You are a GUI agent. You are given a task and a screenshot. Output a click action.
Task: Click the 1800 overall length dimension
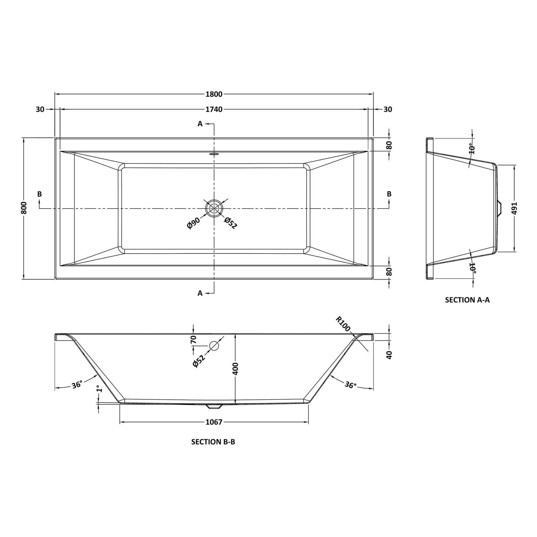pos(214,94)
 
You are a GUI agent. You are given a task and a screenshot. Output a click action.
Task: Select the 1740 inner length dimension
pos(214,109)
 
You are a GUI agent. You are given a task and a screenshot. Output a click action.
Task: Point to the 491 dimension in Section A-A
pos(514,208)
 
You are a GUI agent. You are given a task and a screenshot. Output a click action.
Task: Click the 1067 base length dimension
pos(214,422)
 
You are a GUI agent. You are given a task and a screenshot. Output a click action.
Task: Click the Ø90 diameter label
pos(193,223)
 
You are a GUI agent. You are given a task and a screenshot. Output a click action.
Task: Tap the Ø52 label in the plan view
pos(230,223)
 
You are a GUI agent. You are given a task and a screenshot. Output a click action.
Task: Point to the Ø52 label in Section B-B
pos(199,361)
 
